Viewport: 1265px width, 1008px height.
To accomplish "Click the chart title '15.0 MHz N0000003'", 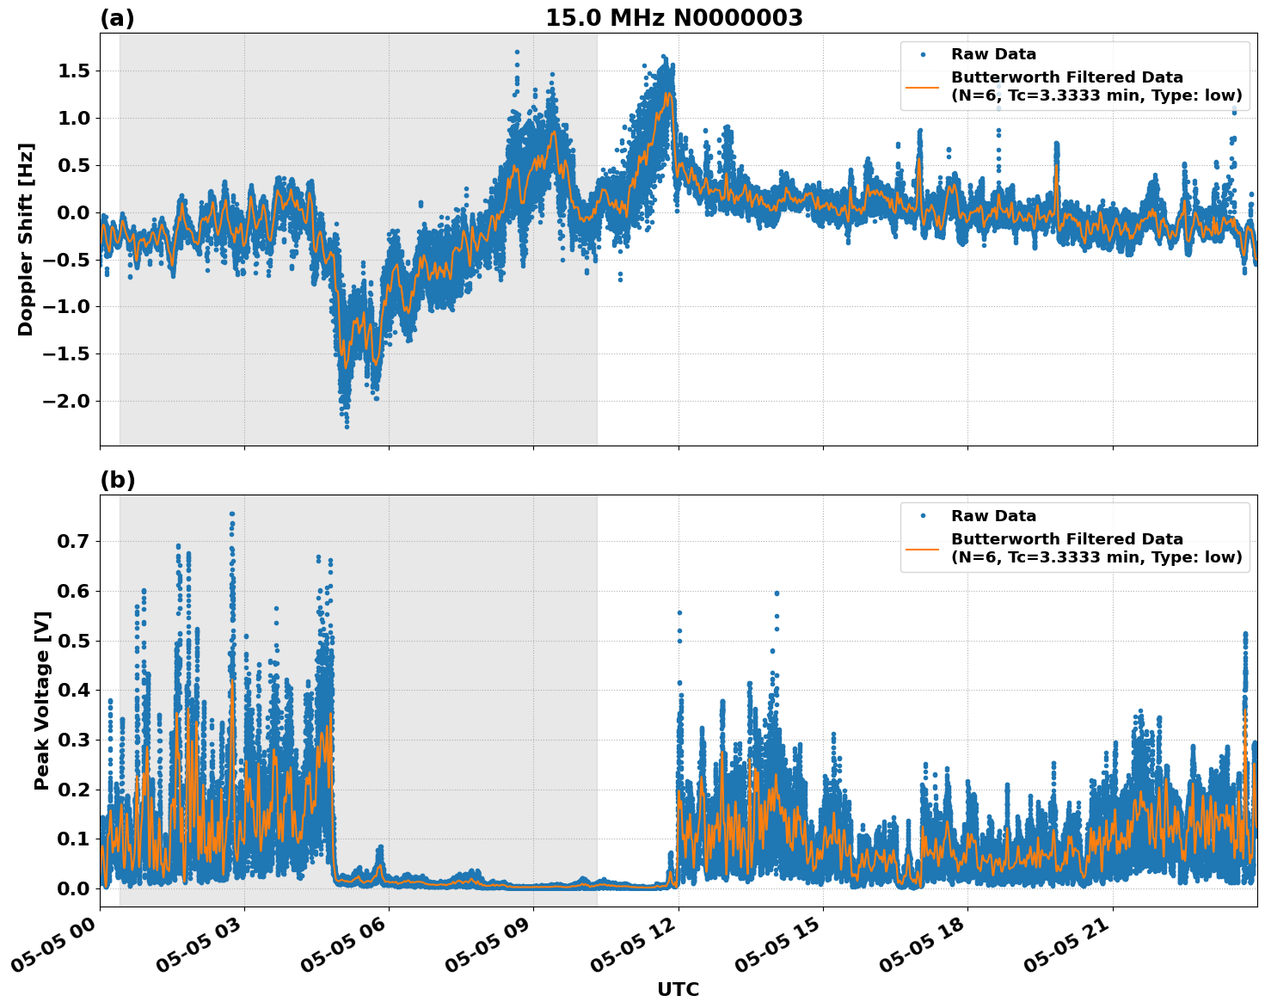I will tap(674, 18).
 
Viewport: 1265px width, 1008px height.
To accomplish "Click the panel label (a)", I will tap(117, 18).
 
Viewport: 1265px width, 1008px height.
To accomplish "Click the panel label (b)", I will tap(117, 480).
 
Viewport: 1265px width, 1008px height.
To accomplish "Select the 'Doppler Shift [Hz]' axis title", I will tap(26, 239).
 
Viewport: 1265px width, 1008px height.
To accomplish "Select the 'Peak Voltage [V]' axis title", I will tap(42, 700).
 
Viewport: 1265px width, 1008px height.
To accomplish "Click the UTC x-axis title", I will tap(678, 989).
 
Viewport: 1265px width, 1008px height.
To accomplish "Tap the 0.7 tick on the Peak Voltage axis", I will tap(73, 542).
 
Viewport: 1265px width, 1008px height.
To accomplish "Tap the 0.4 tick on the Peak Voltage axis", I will tap(73, 691).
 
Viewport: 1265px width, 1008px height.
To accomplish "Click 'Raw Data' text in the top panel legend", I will tap(993, 54).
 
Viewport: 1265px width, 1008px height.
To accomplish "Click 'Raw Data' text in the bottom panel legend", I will tap(993, 516).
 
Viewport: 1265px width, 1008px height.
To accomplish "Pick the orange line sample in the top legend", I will tap(923, 87).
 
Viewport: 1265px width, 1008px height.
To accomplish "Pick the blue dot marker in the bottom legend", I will tap(923, 516).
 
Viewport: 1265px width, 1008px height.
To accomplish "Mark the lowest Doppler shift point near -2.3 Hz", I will tap(347, 426).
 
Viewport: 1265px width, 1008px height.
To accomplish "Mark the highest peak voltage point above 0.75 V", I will tap(232, 514).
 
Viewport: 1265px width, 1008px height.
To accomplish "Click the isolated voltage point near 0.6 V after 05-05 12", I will tap(777, 593).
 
